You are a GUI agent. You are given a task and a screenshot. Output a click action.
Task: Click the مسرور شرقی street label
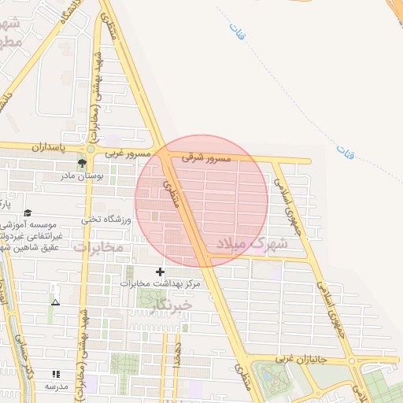[206, 158]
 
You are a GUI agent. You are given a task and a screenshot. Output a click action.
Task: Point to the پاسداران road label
[46, 147]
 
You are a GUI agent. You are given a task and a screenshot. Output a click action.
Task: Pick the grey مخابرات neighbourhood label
[99, 247]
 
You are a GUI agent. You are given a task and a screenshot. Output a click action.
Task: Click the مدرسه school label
[56, 386]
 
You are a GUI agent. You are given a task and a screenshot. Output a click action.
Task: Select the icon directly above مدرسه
[56, 375]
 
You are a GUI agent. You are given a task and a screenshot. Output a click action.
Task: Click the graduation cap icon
[28, 213]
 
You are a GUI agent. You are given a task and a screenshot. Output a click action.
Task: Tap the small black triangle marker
[55, 302]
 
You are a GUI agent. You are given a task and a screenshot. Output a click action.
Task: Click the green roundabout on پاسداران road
[91, 148]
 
